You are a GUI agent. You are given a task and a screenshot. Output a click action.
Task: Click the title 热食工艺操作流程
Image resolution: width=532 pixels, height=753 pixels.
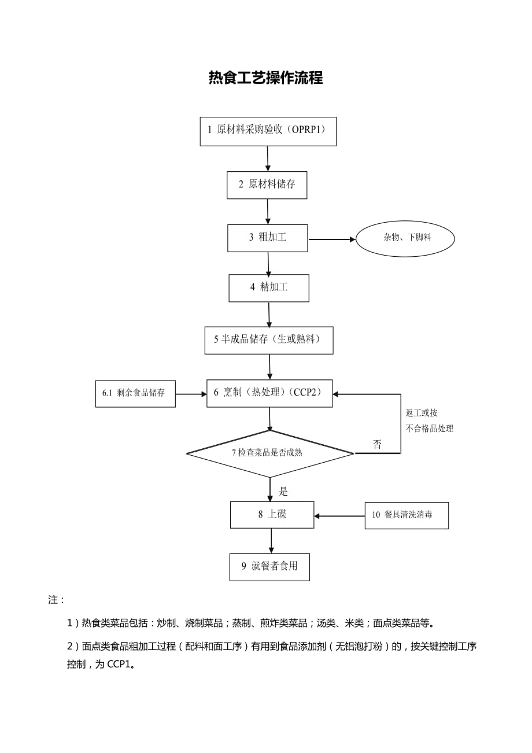(265, 78)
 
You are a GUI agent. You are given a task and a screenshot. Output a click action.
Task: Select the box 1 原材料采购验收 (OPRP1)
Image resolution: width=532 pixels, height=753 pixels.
(268, 131)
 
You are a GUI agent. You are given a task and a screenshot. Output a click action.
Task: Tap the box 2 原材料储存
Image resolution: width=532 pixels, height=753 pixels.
(267, 185)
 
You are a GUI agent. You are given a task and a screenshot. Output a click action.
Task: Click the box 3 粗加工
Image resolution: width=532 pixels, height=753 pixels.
(267, 238)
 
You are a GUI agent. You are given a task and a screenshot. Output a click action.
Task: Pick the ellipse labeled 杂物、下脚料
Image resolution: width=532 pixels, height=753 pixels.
(405, 238)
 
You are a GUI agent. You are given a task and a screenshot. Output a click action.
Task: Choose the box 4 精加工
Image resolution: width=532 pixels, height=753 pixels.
(268, 287)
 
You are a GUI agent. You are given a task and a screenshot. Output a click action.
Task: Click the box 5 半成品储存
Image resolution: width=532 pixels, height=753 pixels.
(268, 340)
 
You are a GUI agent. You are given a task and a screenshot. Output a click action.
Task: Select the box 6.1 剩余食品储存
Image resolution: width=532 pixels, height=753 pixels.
(135, 393)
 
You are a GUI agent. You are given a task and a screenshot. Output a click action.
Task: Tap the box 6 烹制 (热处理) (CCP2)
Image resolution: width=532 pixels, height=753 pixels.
(269, 393)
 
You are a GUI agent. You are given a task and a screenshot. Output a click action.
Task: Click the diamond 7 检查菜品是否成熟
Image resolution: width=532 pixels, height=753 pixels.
(269, 453)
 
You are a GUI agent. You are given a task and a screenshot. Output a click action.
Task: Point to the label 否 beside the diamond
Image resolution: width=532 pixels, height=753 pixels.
(377, 445)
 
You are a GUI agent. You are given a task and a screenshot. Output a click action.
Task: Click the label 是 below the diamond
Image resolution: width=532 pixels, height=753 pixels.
(283, 492)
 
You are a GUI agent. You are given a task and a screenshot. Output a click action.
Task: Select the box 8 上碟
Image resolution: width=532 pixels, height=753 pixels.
(272, 514)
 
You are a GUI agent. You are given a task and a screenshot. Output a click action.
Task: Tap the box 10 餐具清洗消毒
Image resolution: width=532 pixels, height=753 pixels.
(406, 515)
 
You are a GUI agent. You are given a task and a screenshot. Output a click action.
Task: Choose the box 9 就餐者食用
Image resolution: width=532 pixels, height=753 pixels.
(269, 567)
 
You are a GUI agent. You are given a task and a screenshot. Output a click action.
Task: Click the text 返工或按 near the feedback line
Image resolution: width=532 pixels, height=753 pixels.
(422, 413)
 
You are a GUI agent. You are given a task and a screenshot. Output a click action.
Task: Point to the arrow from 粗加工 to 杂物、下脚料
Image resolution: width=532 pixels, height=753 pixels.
(331, 239)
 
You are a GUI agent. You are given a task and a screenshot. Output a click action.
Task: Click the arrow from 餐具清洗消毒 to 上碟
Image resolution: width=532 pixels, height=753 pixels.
(339, 516)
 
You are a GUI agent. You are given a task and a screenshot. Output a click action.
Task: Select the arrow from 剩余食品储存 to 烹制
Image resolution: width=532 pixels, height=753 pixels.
(191, 394)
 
